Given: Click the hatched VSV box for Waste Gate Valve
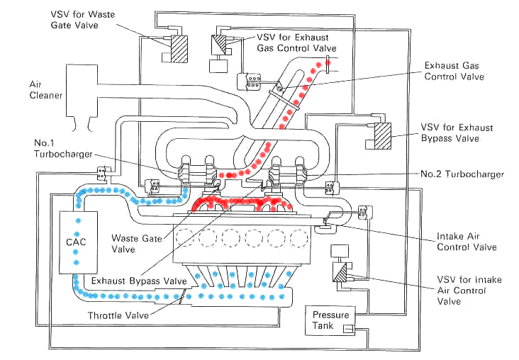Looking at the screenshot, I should coord(179,49).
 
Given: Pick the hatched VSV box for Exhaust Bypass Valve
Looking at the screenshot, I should coord(384,135).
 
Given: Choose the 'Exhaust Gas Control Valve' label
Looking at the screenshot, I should coord(454,71).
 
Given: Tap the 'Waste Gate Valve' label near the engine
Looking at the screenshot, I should coord(135,244).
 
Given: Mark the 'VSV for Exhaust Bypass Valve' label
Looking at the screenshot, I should coord(455,133).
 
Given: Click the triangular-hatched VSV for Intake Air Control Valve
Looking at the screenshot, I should coord(342,275).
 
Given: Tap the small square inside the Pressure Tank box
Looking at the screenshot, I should coord(348,328).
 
